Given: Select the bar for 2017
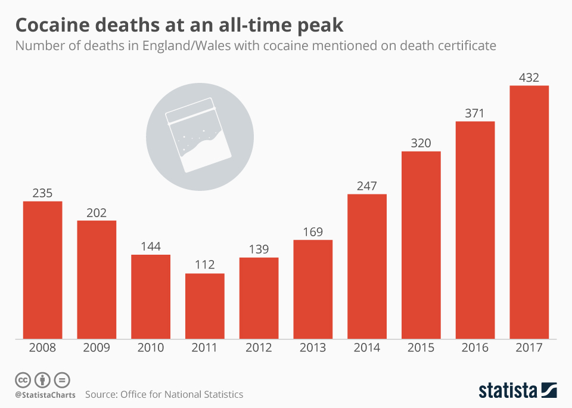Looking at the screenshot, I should pyautogui.click(x=529, y=212).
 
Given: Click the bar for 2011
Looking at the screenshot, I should pyautogui.click(x=204, y=306).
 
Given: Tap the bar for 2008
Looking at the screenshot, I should pyautogui.click(x=42, y=270).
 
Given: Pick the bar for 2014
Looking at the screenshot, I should pyautogui.click(x=367, y=267).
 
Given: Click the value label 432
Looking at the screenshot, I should pyautogui.click(x=529, y=78).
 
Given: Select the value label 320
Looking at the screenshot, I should pyautogui.click(x=421, y=143).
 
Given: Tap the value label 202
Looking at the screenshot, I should pyautogui.click(x=97, y=212).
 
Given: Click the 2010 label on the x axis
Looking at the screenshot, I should pyautogui.click(x=151, y=348).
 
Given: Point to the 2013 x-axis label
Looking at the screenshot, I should pyautogui.click(x=313, y=348).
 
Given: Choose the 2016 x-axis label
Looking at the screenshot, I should pyautogui.click(x=475, y=348).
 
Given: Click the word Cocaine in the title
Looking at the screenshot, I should pyautogui.click(x=51, y=25).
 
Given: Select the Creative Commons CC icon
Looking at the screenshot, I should pyautogui.click(x=23, y=379).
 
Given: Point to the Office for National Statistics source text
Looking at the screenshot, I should pyautogui.click(x=181, y=394).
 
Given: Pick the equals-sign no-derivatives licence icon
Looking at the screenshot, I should pyautogui.click(x=62, y=379).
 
